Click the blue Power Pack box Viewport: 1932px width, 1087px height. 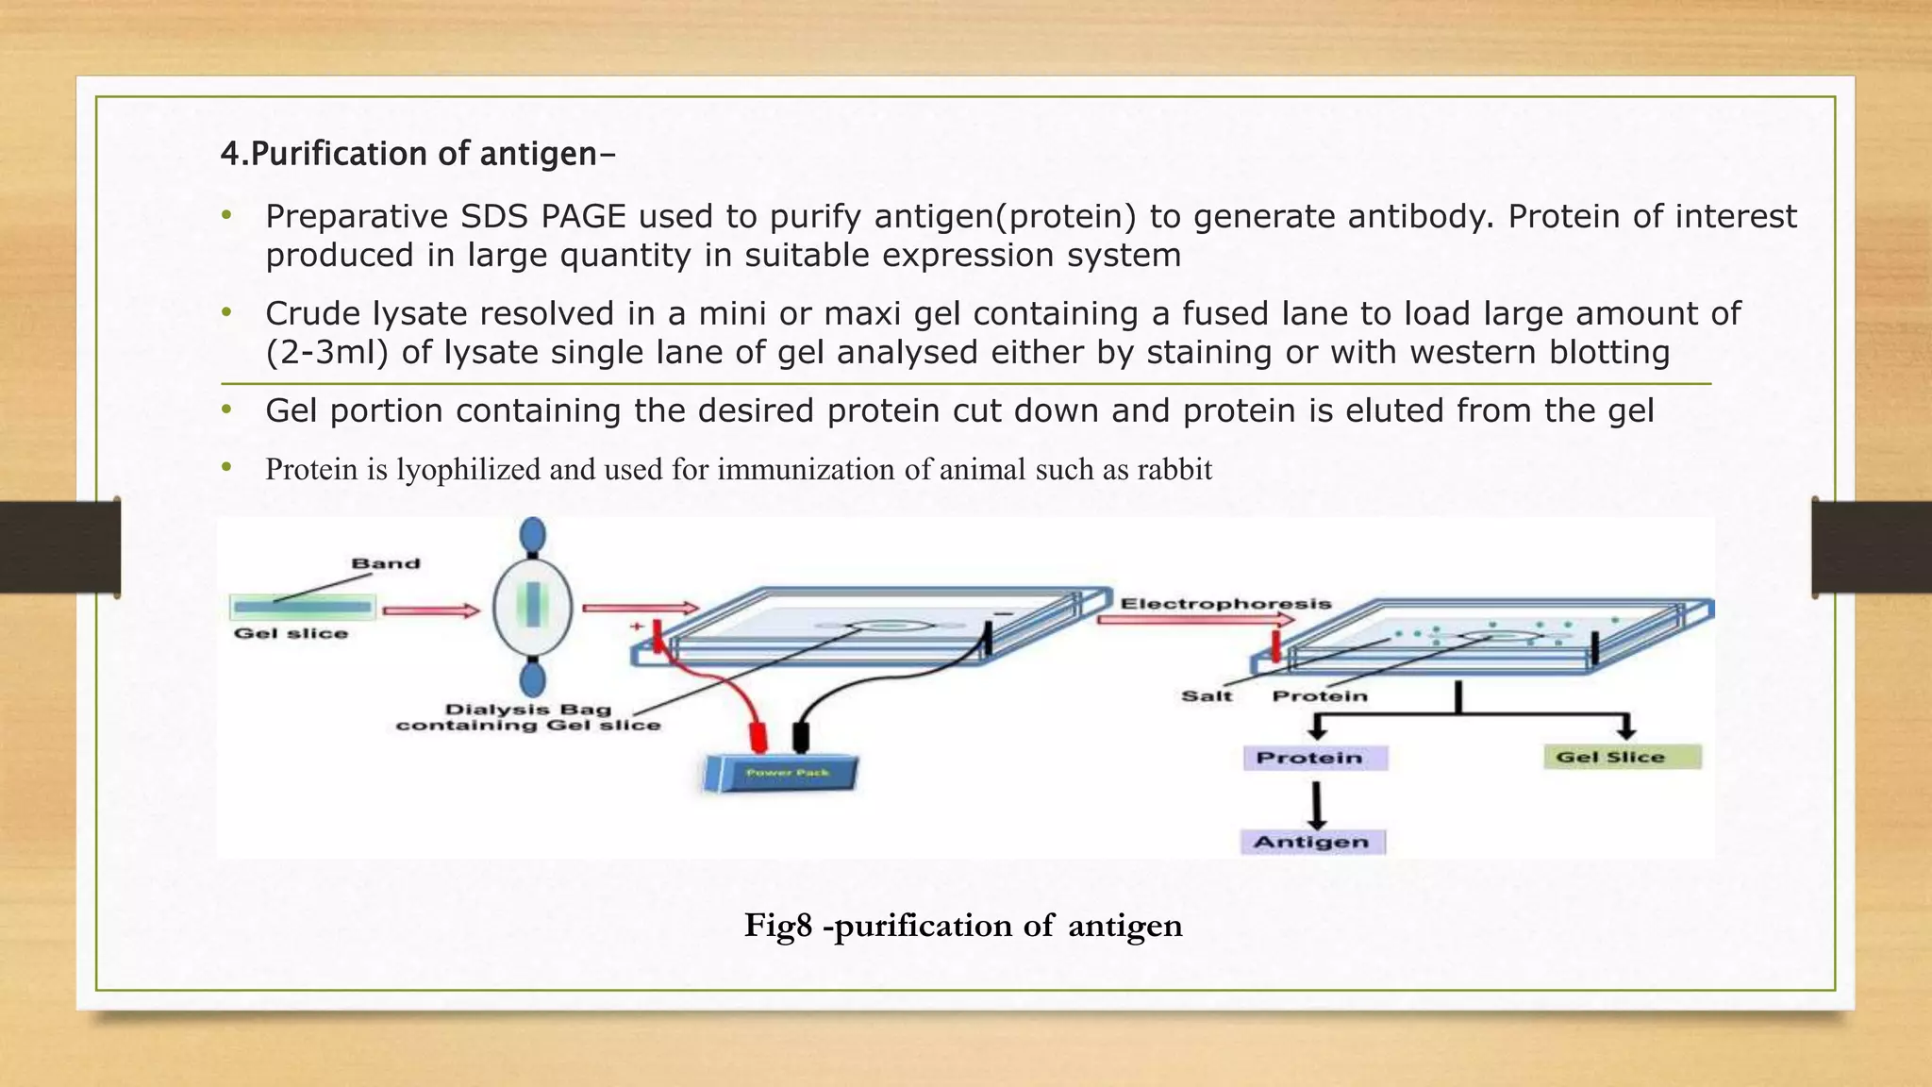tap(781, 774)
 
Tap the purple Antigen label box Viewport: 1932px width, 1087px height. tap(1312, 842)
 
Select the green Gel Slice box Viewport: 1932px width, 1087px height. tap(1622, 757)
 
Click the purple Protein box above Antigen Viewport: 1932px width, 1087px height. tap(1314, 758)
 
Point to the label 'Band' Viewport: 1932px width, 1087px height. tap(385, 563)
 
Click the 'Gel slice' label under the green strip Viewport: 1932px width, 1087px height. tap(291, 633)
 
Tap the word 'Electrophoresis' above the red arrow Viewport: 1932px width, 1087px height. tap(1225, 603)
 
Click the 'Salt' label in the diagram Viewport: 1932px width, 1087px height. tap(1207, 696)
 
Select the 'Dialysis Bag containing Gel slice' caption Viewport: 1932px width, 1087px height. tap(528, 717)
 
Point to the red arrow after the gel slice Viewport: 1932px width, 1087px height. tap(431, 610)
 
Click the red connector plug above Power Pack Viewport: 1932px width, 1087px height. tap(757, 736)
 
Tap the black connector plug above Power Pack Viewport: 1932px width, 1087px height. tap(801, 736)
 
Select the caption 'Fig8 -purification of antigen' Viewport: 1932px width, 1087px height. tap(962, 925)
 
